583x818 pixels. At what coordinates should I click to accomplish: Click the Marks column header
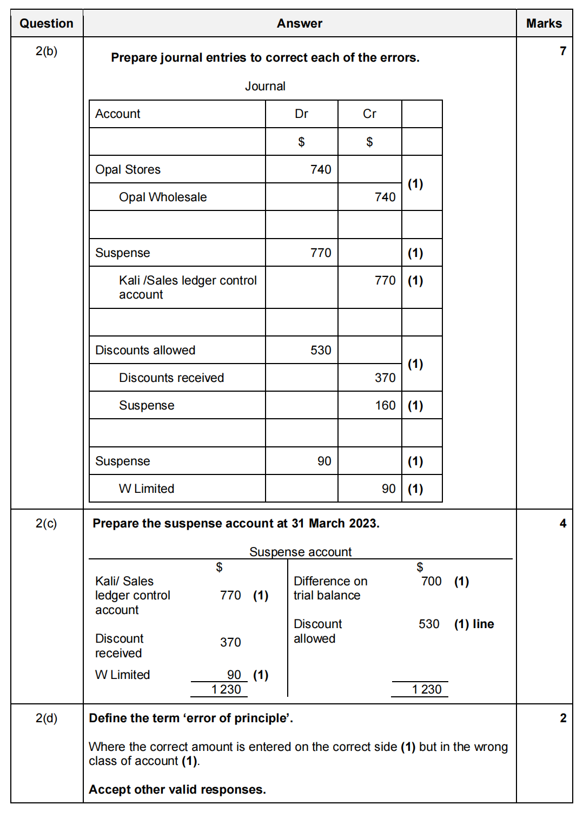point(544,23)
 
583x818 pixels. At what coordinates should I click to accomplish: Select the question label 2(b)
point(47,51)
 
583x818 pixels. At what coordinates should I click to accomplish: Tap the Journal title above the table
point(265,86)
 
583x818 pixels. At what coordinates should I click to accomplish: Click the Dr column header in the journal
point(301,114)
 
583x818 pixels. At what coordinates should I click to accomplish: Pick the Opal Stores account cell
point(128,169)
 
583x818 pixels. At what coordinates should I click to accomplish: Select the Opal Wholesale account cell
point(163,197)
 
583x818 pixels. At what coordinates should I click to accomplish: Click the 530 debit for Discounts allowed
point(321,350)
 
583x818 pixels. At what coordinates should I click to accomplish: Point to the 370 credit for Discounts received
point(385,378)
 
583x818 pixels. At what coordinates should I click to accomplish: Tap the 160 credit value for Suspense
point(385,405)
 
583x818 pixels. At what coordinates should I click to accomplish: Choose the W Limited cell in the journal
point(147,489)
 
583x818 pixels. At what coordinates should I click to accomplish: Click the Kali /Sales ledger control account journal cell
point(188,287)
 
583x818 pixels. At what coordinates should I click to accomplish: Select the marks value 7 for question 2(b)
point(563,51)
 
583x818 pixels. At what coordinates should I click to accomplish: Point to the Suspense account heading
point(300,552)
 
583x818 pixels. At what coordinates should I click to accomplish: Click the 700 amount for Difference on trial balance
point(431,581)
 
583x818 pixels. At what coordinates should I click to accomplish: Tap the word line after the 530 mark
point(483,624)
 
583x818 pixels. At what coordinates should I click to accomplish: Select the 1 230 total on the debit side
point(226,689)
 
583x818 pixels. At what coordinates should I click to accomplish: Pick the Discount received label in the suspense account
point(119,645)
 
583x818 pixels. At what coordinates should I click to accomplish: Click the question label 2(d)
point(47,718)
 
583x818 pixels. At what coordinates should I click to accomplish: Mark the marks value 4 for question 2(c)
point(563,523)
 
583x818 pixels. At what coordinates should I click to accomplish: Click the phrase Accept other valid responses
point(177,789)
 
